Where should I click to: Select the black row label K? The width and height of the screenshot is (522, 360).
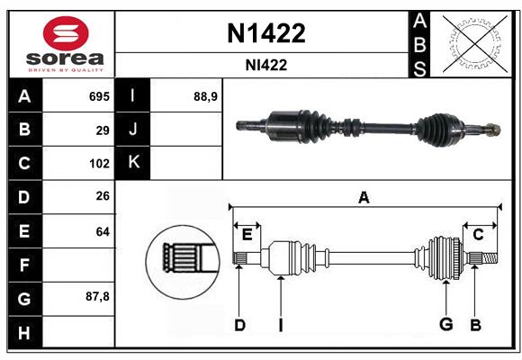[x=134, y=163]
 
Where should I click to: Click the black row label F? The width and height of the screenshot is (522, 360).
[x=24, y=265]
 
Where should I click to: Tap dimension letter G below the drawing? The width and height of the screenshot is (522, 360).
[x=445, y=324]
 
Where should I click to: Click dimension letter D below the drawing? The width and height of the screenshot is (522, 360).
[x=239, y=324]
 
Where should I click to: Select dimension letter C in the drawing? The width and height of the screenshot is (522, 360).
[x=478, y=235]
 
